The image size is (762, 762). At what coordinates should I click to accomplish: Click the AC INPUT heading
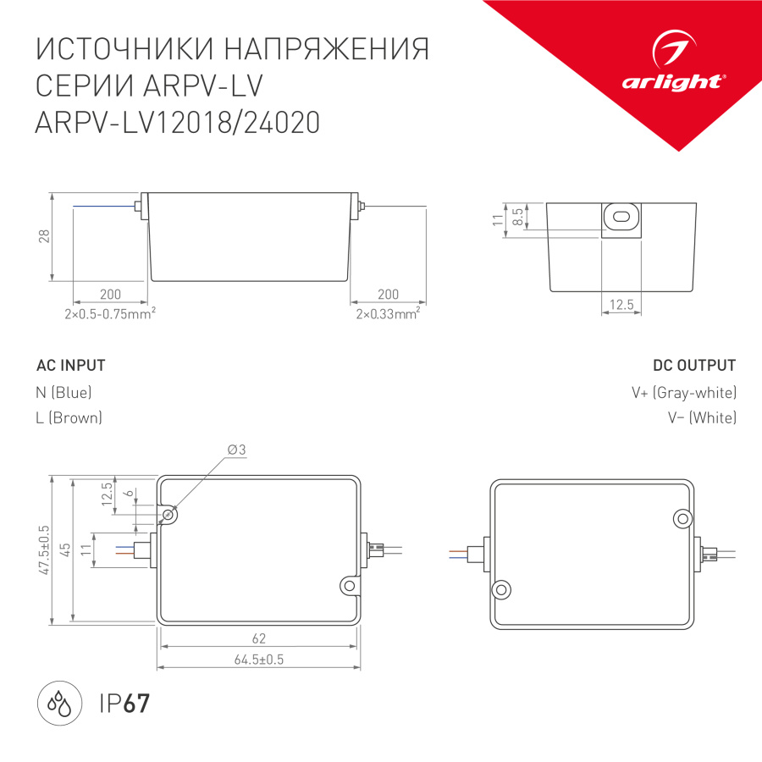click(x=71, y=366)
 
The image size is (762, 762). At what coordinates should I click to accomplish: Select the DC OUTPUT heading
click(x=694, y=366)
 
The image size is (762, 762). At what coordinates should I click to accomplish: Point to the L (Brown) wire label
click(x=69, y=417)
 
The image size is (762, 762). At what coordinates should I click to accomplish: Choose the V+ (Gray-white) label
click(x=684, y=392)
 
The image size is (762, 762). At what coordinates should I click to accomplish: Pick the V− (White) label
click(x=702, y=417)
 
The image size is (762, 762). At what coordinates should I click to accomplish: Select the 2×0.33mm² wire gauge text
click(x=388, y=314)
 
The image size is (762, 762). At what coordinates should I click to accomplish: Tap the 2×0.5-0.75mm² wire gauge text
click(x=109, y=314)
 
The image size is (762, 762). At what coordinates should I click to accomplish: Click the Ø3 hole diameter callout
click(x=236, y=450)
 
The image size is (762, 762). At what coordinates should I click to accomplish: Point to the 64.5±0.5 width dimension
click(x=259, y=660)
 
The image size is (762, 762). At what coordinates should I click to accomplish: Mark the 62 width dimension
click(x=259, y=638)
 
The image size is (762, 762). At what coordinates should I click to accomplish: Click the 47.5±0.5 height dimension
click(x=45, y=550)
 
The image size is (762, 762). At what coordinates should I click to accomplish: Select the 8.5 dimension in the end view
click(x=518, y=215)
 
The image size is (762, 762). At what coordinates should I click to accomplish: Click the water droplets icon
click(x=59, y=704)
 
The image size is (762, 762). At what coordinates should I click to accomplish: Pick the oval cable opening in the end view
click(x=621, y=217)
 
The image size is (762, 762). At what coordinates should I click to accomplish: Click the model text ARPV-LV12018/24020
click(x=177, y=124)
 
